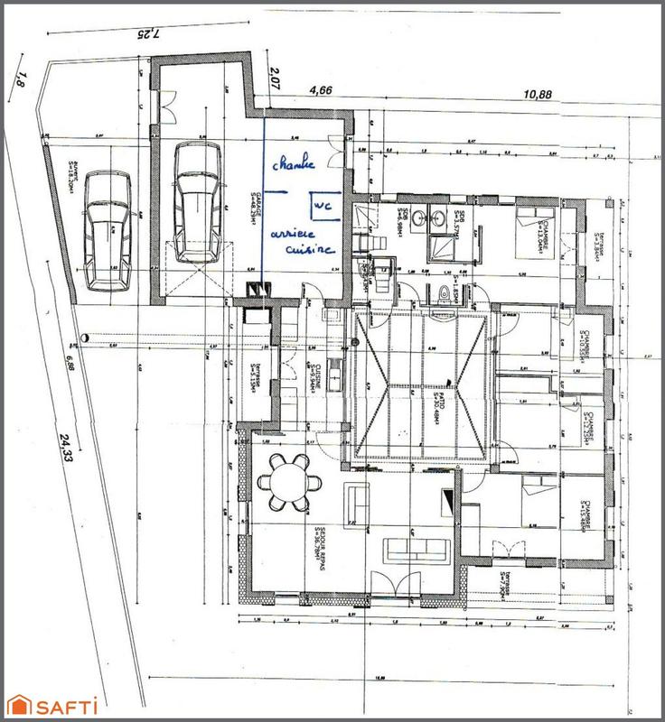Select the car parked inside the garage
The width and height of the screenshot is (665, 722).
[196, 202]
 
